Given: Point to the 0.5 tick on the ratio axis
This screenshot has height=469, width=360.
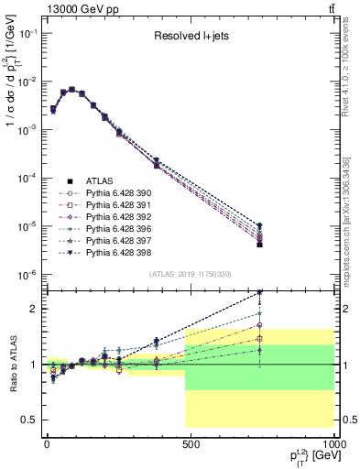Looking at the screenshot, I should [27, 420].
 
